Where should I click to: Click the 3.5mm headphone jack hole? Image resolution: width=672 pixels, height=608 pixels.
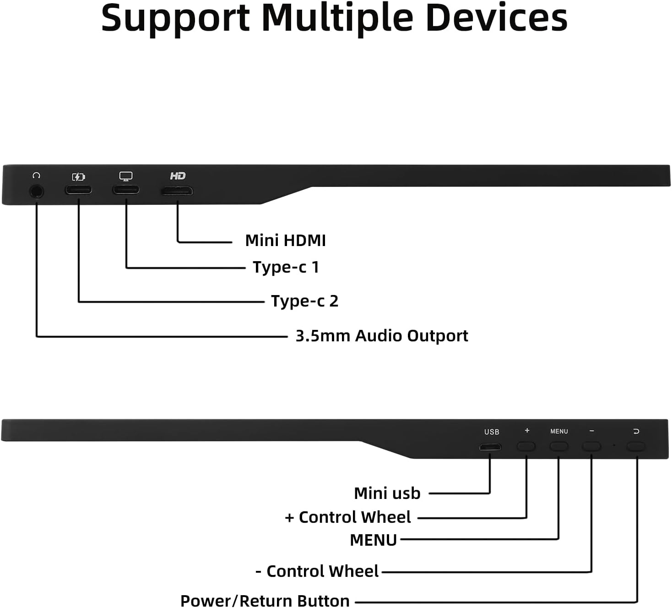[x=37, y=191]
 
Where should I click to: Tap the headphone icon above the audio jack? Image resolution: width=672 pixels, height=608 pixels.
[x=37, y=175]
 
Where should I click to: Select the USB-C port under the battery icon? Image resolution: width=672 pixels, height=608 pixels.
[x=78, y=190]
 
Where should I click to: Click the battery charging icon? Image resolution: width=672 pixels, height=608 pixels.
[x=78, y=177]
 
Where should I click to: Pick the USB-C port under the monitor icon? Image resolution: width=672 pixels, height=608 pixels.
[x=126, y=189]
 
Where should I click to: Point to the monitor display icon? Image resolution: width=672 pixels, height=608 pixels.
[x=126, y=176]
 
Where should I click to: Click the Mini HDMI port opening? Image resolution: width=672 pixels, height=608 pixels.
[x=177, y=191]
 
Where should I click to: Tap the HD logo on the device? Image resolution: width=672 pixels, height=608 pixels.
[x=178, y=176]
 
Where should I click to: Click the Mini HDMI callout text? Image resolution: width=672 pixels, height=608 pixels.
[x=285, y=241]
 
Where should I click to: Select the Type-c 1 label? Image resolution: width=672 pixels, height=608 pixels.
[x=286, y=267]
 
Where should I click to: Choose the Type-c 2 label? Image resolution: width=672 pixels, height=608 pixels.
[x=304, y=301]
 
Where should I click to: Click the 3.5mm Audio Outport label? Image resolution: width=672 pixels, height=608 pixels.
[x=381, y=336]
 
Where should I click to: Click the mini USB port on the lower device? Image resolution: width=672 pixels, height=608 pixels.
[x=490, y=447]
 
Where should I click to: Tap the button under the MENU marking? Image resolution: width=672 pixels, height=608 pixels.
[x=558, y=446]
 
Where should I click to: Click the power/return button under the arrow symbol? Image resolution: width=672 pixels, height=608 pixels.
[x=635, y=446]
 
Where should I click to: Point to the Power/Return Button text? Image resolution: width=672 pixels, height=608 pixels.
[x=265, y=600]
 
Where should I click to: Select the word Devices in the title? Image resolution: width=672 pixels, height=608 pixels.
[x=496, y=18]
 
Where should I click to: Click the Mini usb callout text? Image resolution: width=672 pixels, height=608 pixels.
[x=387, y=493]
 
